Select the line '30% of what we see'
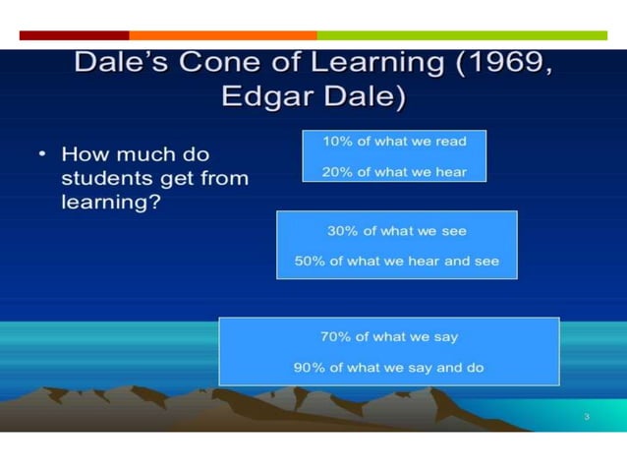coord(396,232)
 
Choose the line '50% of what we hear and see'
coord(396,262)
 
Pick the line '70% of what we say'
coord(388,337)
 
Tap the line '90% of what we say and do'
coord(388,368)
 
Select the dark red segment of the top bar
coord(74,35)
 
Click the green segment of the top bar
coord(462,35)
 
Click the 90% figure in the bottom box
coord(310,368)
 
